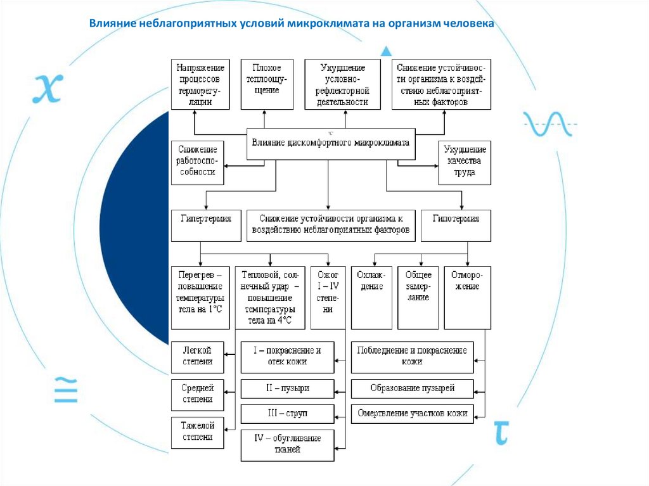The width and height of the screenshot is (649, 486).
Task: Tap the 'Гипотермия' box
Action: click(x=456, y=225)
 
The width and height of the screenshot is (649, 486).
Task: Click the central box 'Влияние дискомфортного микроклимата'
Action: click(x=330, y=144)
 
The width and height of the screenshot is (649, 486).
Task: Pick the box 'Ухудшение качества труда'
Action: click(x=465, y=162)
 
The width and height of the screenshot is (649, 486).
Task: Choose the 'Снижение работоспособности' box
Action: click(x=197, y=162)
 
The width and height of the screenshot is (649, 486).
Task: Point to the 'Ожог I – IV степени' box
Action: click(x=328, y=297)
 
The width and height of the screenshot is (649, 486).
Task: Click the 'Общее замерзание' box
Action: click(x=418, y=297)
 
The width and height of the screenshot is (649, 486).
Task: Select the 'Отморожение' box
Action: click(x=467, y=297)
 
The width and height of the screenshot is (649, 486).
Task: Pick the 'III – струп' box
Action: click(x=287, y=414)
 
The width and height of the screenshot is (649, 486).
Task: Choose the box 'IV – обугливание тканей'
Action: click(x=287, y=444)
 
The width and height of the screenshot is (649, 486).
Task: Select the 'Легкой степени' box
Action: click(x=197, y=357)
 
